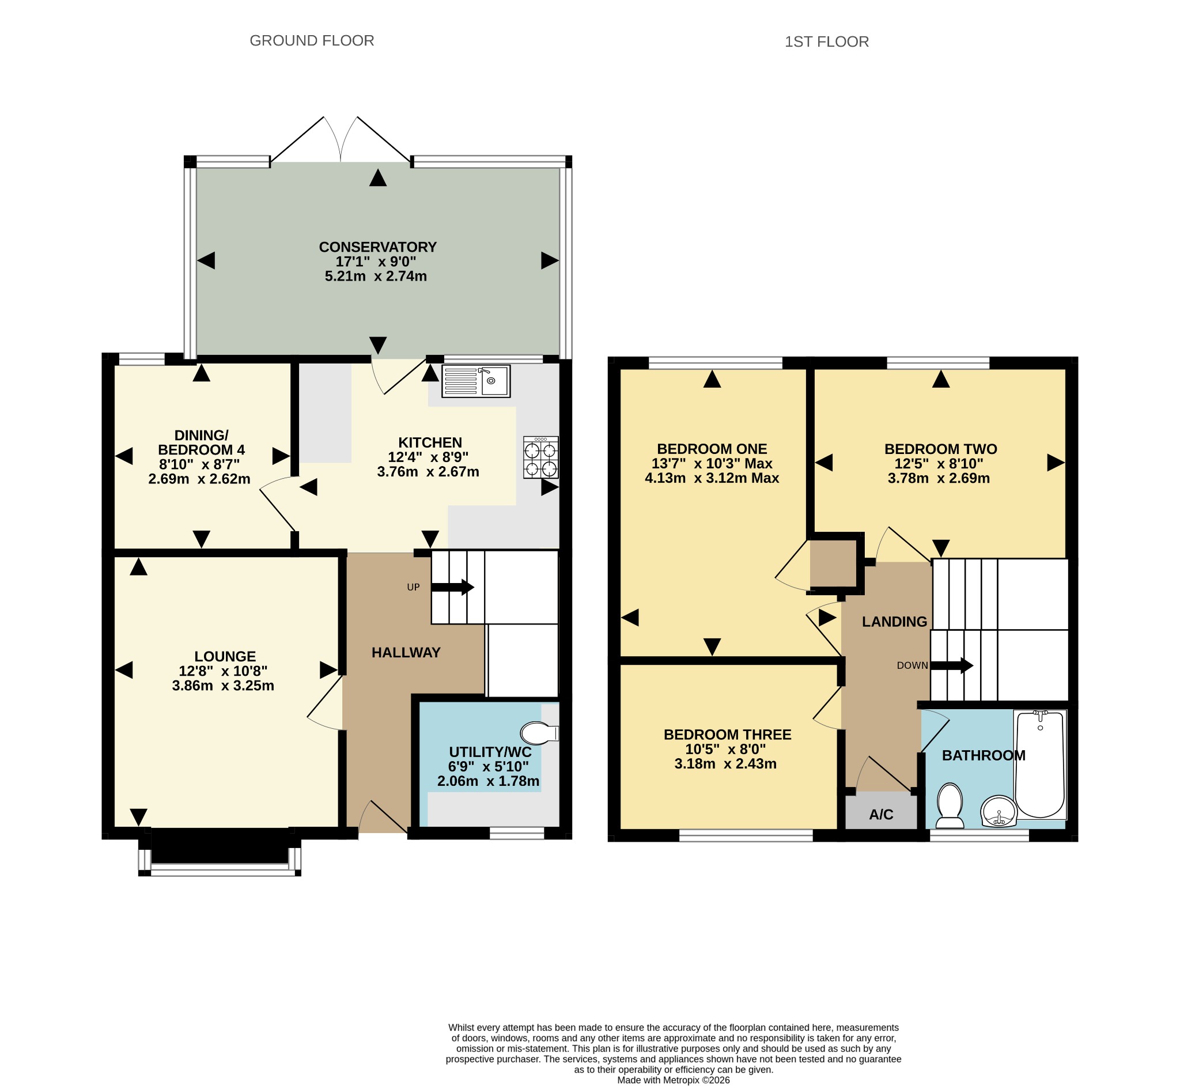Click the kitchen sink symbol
[x=476, y=381]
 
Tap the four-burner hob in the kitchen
[x=541, y=458]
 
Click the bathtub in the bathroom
[x=1040, y=765]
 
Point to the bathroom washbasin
[x=999, y=812]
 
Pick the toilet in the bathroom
[x=950, y=805]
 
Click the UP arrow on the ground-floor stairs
[x=452, y=587]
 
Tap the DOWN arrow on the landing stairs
[x=952, y=666]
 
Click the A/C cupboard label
[x=881, y=815]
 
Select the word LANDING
[x=894, y=622]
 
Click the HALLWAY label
[x=406, y=652]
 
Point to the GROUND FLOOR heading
[x=312, y=40]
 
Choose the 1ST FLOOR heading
[x=827, y=41]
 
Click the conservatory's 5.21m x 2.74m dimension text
[x=376, y=276]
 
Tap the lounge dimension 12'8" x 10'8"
[x=224, y=671]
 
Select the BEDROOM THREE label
[x=728, y=735]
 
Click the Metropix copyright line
[x=674, y=1080]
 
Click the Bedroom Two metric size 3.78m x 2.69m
[x=939, y=478]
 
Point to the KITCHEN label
[x=430, y=442]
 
